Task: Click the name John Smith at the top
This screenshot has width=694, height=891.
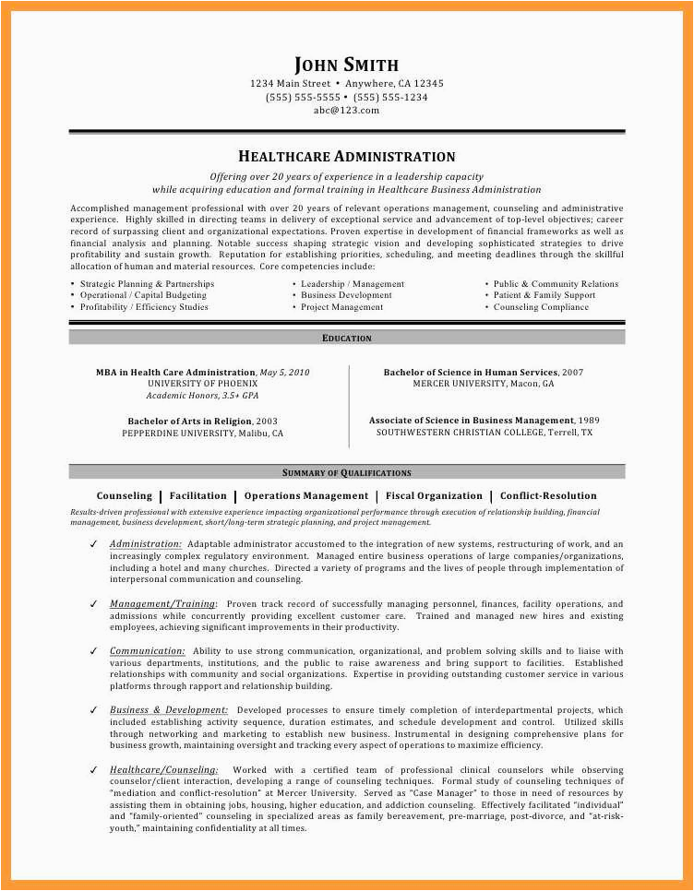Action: pos(346,65)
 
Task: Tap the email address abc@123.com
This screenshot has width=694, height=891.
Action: pos(346,110)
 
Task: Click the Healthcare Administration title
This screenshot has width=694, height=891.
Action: pos(346,157)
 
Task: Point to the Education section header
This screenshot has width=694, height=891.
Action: pos(346,339)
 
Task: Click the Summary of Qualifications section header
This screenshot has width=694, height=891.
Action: pos(346,472)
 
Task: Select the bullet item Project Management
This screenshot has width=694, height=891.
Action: pos(341,307)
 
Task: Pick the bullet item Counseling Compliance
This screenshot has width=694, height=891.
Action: pos(541,307)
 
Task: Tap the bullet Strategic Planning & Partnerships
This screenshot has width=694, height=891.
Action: pos(147,284)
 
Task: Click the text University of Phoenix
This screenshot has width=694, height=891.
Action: pos(202,383)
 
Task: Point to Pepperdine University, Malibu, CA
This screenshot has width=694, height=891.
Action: pos(202,433)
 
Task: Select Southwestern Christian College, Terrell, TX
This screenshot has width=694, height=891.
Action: pos(485,433)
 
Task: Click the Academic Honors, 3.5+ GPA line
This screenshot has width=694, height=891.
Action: pos(202,395)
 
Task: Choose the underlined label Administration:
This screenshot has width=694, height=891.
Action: pos(146,544)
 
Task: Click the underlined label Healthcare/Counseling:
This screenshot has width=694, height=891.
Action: pos(164,769)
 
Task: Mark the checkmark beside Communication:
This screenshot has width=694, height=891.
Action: pos(93,651)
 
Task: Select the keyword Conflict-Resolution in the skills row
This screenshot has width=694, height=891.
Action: pos(548,496)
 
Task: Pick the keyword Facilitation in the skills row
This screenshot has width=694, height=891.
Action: pos(198,496)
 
